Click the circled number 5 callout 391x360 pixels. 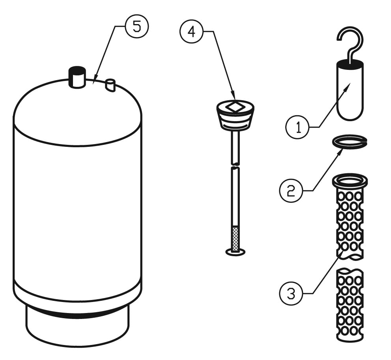tap(137, 26)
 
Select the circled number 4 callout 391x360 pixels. tap(191, 32)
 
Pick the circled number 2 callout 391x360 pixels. tap(291, 191)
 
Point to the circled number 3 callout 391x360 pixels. tap(291, 293)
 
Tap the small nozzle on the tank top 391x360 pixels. tap(110, 85)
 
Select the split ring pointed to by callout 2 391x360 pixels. tap(350, 141)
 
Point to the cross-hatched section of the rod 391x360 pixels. tap(235, 238)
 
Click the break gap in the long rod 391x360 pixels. tap(235, 166)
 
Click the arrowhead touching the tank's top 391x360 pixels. tap(94, 81)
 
